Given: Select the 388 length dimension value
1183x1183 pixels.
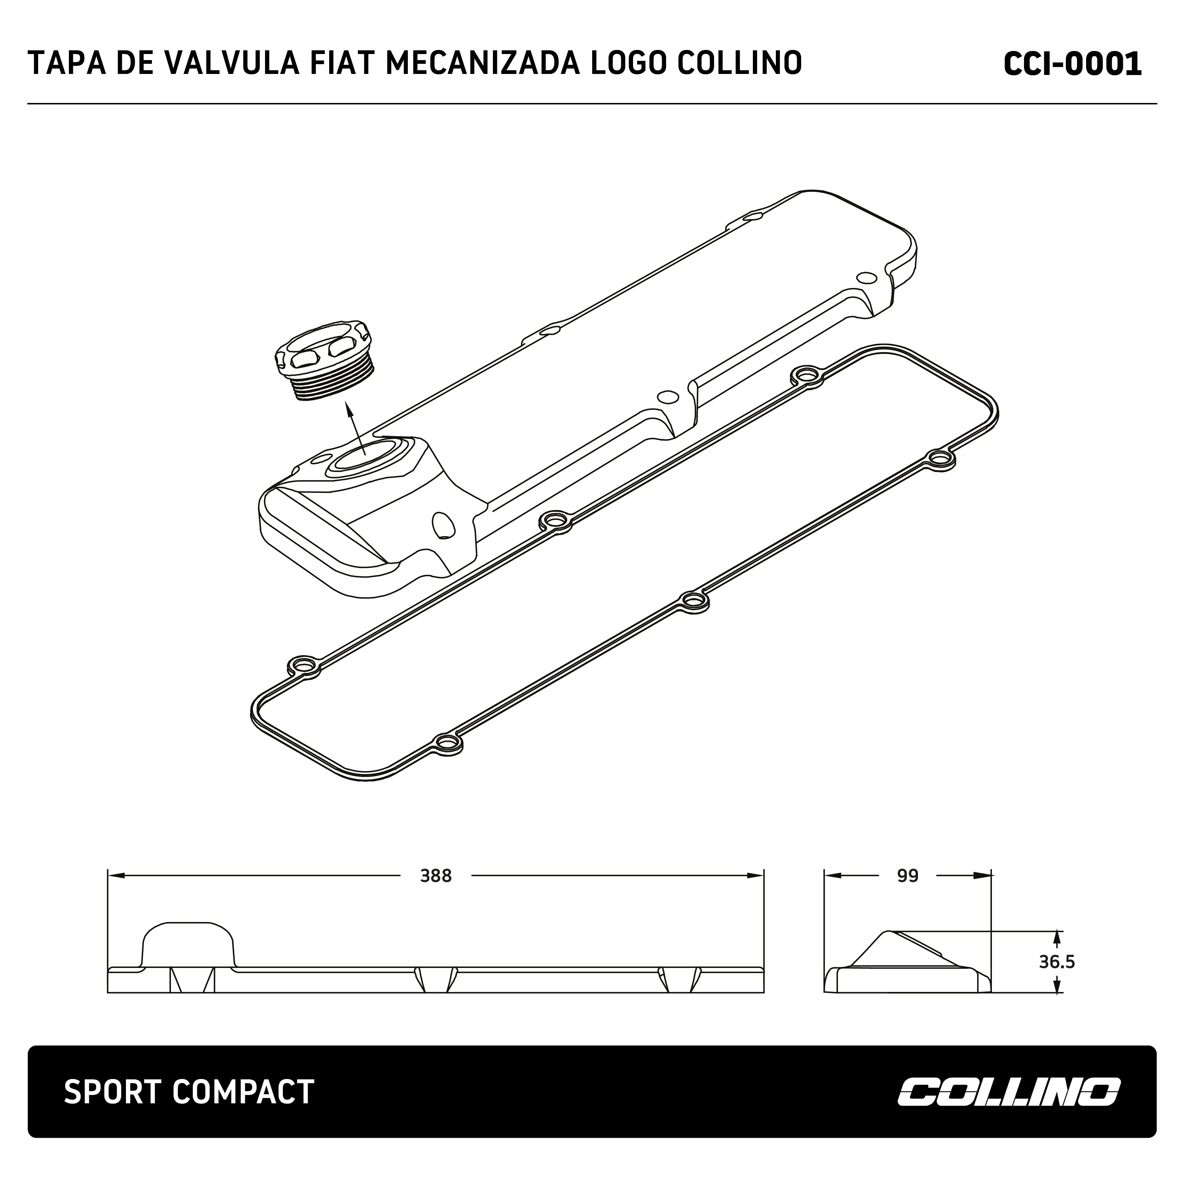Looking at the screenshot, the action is coord(436,876).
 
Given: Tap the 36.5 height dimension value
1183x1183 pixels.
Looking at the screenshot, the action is coord(1056,962).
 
